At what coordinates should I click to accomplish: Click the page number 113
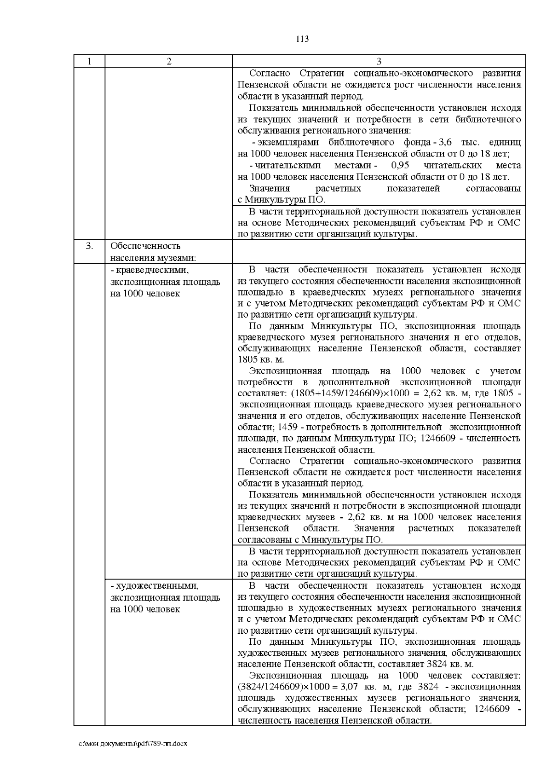302,39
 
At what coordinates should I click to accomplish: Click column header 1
89,62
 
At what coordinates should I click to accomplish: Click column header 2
169,62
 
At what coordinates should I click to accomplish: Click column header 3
379,62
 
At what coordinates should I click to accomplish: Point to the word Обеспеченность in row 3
145,247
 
